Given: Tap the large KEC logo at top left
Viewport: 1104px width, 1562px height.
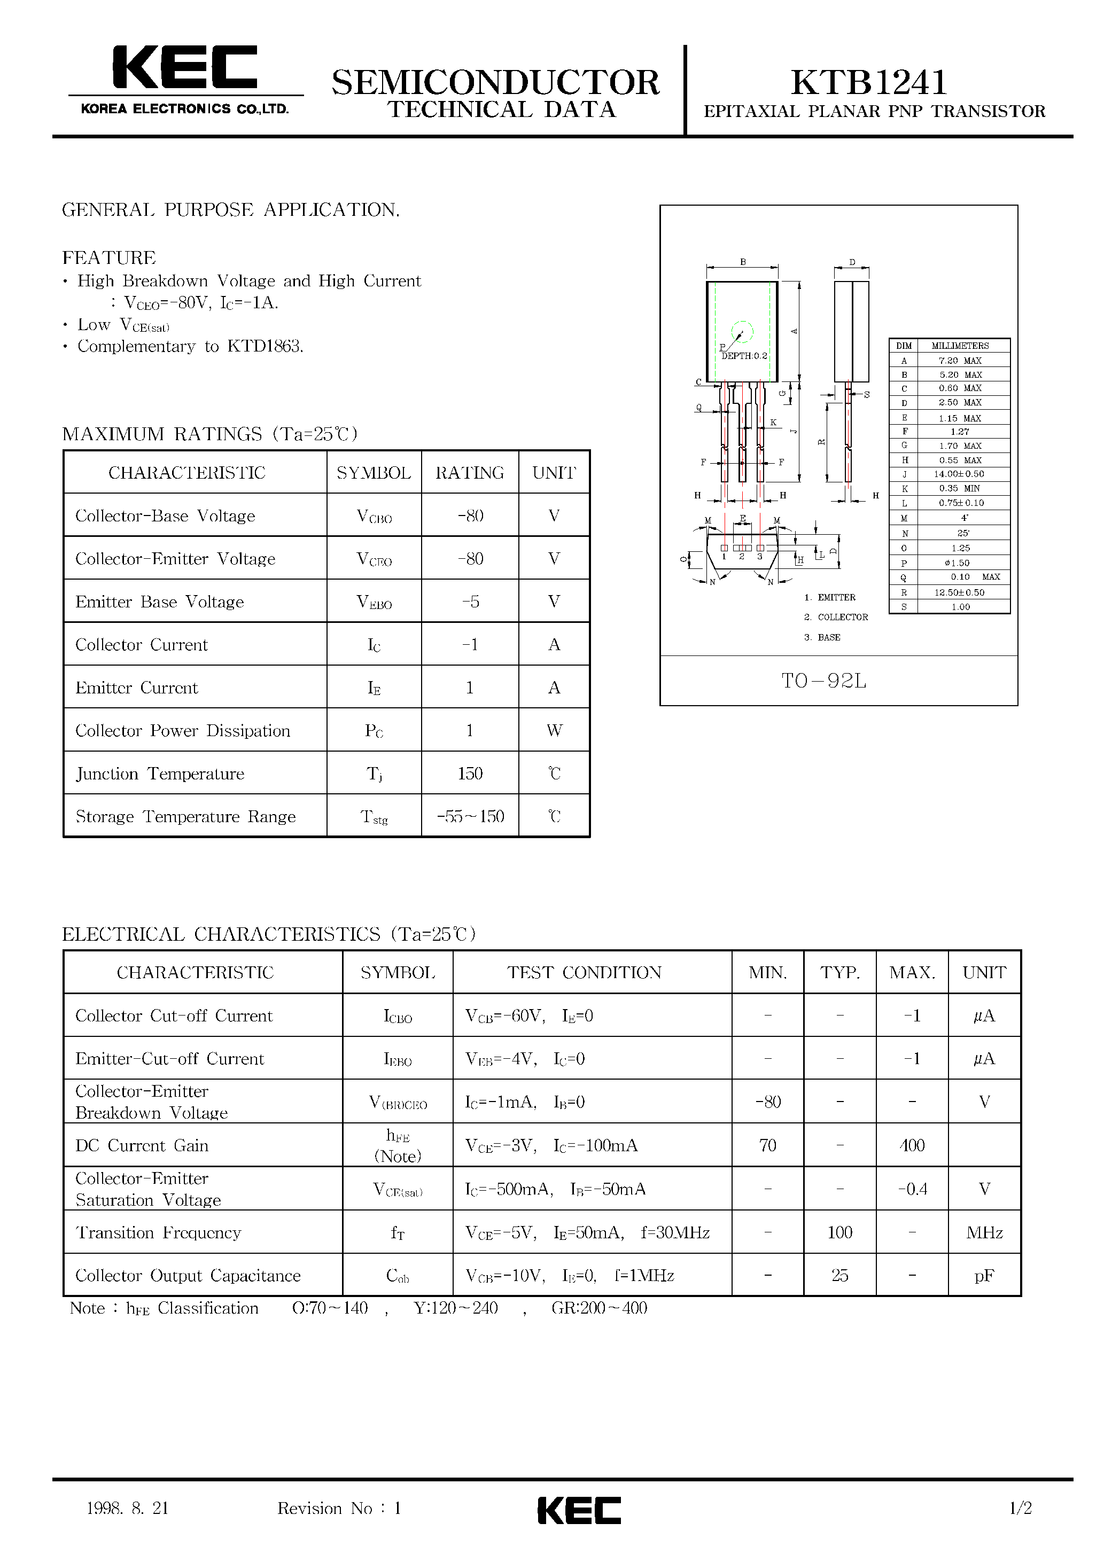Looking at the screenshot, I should click(x=184, y=68).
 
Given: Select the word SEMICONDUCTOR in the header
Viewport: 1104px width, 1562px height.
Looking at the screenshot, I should click(x=495, y=83).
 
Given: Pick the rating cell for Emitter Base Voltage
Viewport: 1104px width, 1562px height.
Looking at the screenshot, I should click(x=470, y=602).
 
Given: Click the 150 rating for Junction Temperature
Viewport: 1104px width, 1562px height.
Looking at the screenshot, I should click(x=470, y=774).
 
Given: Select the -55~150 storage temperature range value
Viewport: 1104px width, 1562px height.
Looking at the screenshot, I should click(x=470, y=816).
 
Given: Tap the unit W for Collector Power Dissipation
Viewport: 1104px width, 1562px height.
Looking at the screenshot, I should click(x=554, y=731).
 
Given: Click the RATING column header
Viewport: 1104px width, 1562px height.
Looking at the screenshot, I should click(x=470, y=473).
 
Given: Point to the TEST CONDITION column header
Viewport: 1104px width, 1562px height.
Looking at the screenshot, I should click(x=584, y=973).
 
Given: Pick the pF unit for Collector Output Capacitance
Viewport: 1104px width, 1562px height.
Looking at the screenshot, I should click(x=984, y=1276).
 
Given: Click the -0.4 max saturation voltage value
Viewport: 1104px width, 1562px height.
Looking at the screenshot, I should click(x=912, y=1189).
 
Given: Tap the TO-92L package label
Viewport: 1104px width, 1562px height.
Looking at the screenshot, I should click(x=823, y=681).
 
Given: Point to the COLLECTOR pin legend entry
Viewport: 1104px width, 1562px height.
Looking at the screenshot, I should click(x=842, y=617).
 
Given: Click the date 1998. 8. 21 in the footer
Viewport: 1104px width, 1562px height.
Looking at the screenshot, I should click(x=127, y=1508).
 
